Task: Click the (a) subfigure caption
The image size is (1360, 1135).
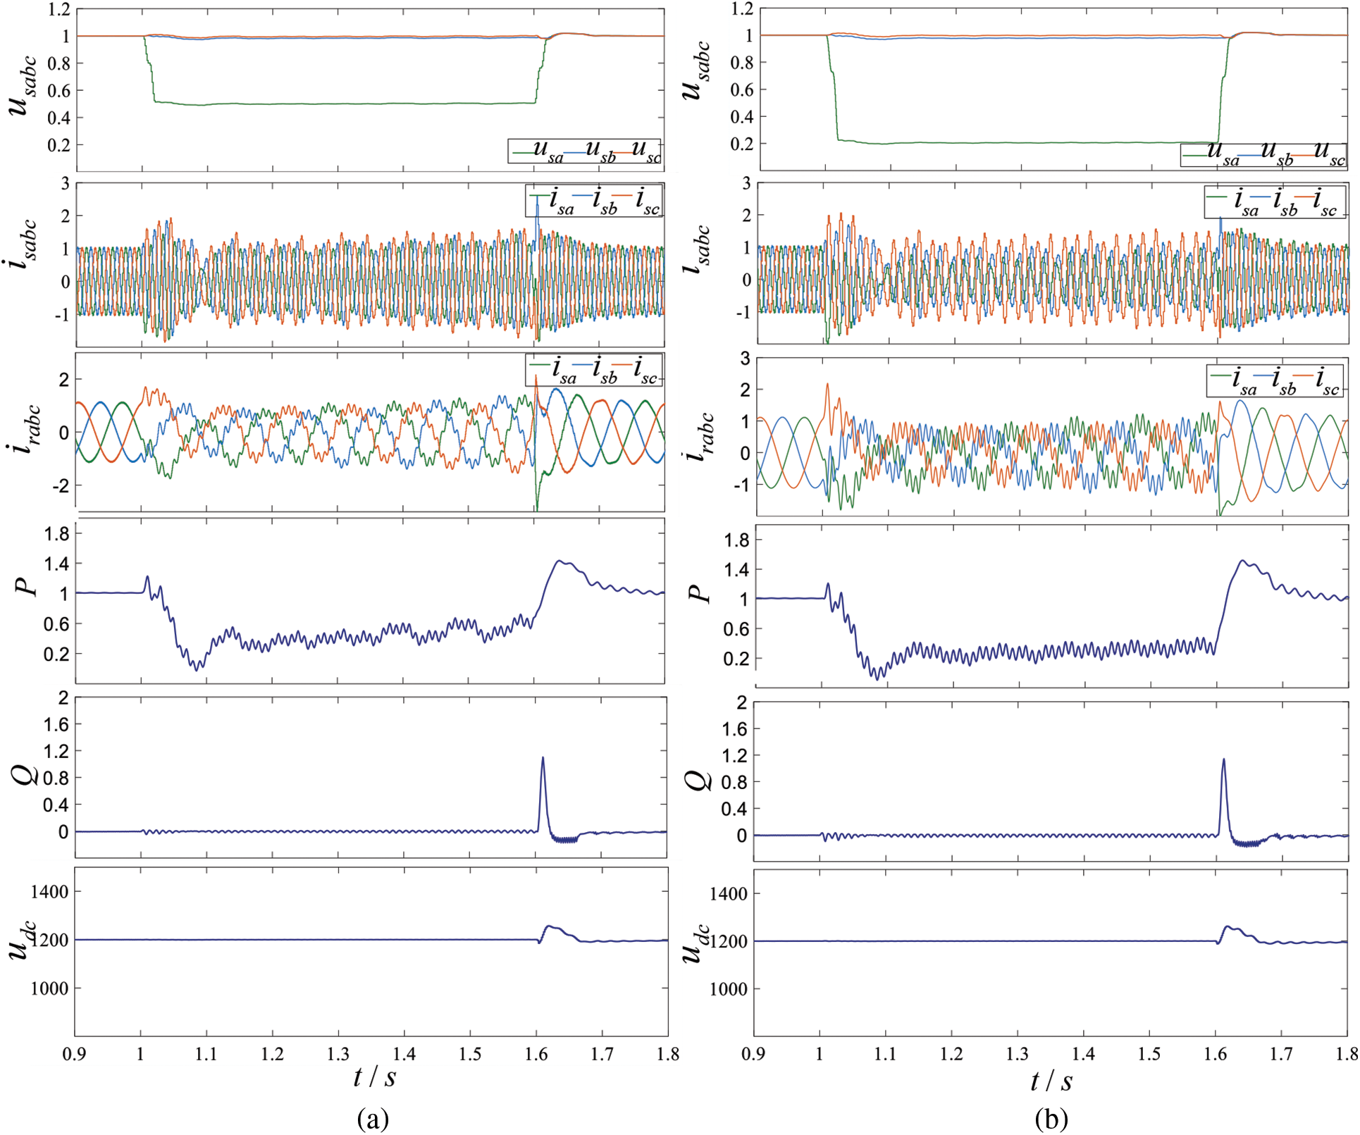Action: pyautogui.click(x=373, y=1118)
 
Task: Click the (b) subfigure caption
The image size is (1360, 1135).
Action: pyautogui.click(x=1051, y=1118)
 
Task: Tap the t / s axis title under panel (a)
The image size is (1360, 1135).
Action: pyautogui.click(x=374, y=1077)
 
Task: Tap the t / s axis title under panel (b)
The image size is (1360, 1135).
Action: pyautogui.click(x=1051, y=1081)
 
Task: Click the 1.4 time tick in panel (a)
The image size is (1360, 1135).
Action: pyautogui.click(x=404, y=1054)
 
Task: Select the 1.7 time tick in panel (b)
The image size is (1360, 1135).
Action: pyautogui.click(x=1281, y=1054)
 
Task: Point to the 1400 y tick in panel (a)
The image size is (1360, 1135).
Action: pyautogui.click(x=49, y=892)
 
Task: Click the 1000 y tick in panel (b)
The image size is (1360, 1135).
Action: pyautogui.click(x=728, y=989)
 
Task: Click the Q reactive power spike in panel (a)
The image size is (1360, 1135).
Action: pyautogui.click(x=543, y=759)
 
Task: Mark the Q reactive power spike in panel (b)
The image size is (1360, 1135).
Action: pyautogui.click(x=1223, y=760)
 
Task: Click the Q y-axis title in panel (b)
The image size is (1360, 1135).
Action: pyautogui.click(x=700, y=780)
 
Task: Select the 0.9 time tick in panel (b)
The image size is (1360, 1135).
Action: pyautogui.click(x=753, y=1054)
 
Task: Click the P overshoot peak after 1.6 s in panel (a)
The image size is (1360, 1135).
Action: pyautogui.click(x=560, y=562)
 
